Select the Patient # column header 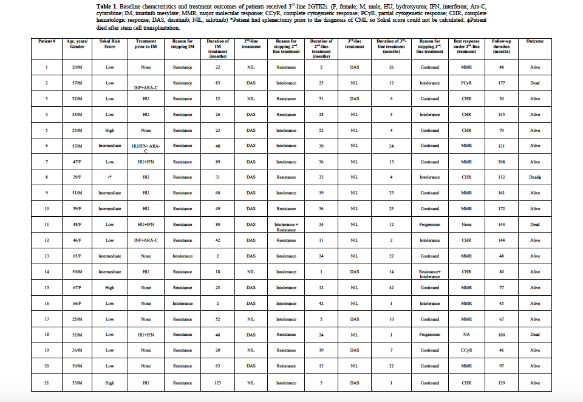click(x=47, y=41)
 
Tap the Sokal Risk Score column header click(x=110, y=44)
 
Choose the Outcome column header click(x=535, y=41)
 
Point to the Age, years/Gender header click(x=78, y=44)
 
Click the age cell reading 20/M click(x=78, y=67)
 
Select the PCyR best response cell click(x=466, y=83)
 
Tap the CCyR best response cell click(x=466, y=350)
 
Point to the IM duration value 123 click(x=217, y=383)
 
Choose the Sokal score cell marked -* click(x=110, y=177)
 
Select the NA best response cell click(x=466, y=335)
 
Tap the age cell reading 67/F click(x=78, y=288)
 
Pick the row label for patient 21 click(x=47, y=383)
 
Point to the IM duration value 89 click(x=217, y=162)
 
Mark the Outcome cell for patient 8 click(x=535, y=177)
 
